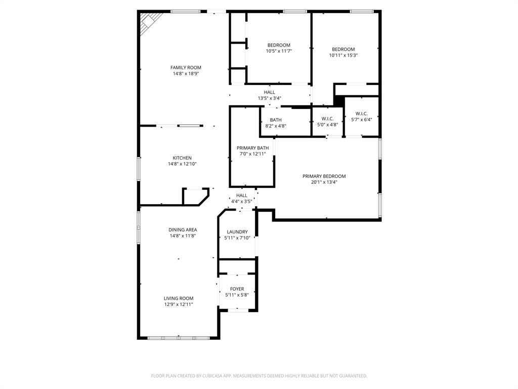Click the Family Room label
pyautogui.click(x=186, y=67)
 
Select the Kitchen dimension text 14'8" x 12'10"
pyautogui.click(x=182, y=164)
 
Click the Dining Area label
pyautogui.click(x=183, y=229)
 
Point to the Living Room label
pyautogui.click(x=178, y=298)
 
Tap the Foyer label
pyautogui.click(x=237, y=289)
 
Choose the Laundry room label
pyautogui.click(x=237, y=231)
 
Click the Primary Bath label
pyautogui.click(x=252, y=148)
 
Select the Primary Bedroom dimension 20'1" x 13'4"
pyautogui.click(x=324, y=182)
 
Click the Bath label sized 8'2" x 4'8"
pyautogui.click(x=275, y=120)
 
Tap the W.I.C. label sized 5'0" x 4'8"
pyautogui.click(x=327, y=119)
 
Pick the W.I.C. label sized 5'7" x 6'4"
pyautogui.click(x=361, y=113)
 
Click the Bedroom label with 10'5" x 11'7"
pyautogui.click(x=279, y=45)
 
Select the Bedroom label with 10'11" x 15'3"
pyautogui.click(x=343, y=49)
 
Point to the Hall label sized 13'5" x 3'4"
pyautogui.click(x=269, y=92)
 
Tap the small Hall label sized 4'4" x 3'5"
pyautogui.click(x=242, y=195)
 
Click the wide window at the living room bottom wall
pyautogui.click(x=179, y=337)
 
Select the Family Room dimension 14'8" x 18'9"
pyautogui.click(x=186, y=74)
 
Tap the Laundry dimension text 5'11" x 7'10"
pyautogui.click(x=237, y=238)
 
